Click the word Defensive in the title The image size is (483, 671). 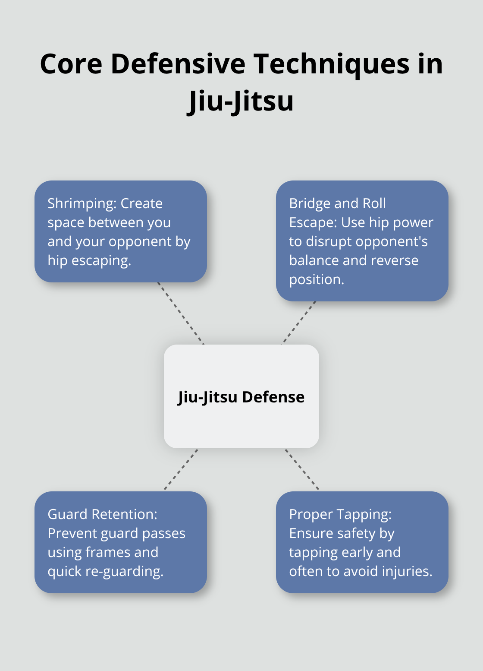(178, 64)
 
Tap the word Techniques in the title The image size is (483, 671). (331, 64)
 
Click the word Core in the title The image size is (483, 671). (71, 64)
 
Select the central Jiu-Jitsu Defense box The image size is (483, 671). (241, 423)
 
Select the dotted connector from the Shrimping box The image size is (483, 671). (181, 313)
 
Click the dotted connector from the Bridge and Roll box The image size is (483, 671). (298, 323)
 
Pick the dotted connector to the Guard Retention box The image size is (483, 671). (181, 469)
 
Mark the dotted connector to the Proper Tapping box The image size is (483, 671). (302, 469)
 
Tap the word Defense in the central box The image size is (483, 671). (273, 397)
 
